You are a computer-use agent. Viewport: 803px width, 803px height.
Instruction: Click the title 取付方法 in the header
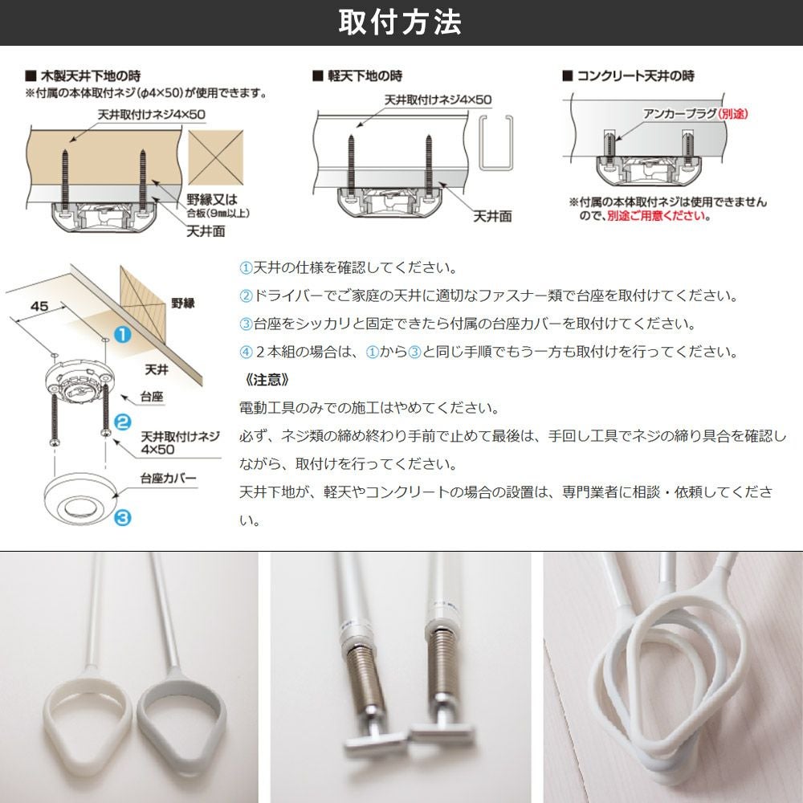(400, 22)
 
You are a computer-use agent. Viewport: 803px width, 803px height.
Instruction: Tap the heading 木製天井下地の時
(90, 76)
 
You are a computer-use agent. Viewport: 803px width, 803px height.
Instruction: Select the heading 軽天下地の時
(365, 76)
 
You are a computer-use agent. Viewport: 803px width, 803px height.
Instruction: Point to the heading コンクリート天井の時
(635, 75)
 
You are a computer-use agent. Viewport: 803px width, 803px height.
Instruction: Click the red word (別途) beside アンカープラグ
(733, 114)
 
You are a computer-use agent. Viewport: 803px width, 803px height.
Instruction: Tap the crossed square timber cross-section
(215, 157)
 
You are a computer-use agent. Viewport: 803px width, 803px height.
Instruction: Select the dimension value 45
(39, 306)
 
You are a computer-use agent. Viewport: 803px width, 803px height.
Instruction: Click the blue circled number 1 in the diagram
(122, 334)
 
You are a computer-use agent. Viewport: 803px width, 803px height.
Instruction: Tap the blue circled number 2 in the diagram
(122, 422)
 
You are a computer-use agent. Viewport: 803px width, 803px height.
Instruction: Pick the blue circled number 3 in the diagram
(122, 517)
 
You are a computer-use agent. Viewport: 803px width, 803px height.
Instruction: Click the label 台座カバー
(169, 479)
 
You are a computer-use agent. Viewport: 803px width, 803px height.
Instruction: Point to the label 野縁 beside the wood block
(183, 304)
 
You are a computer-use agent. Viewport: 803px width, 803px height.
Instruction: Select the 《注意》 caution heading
(267, 380)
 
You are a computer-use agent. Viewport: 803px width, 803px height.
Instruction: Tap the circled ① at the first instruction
(247, 268)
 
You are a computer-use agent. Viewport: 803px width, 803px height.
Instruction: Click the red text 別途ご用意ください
(658, 215)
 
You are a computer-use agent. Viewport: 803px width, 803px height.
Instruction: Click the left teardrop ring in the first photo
(88, 716)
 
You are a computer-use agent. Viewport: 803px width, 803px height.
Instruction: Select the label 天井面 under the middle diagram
(492, 216)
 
